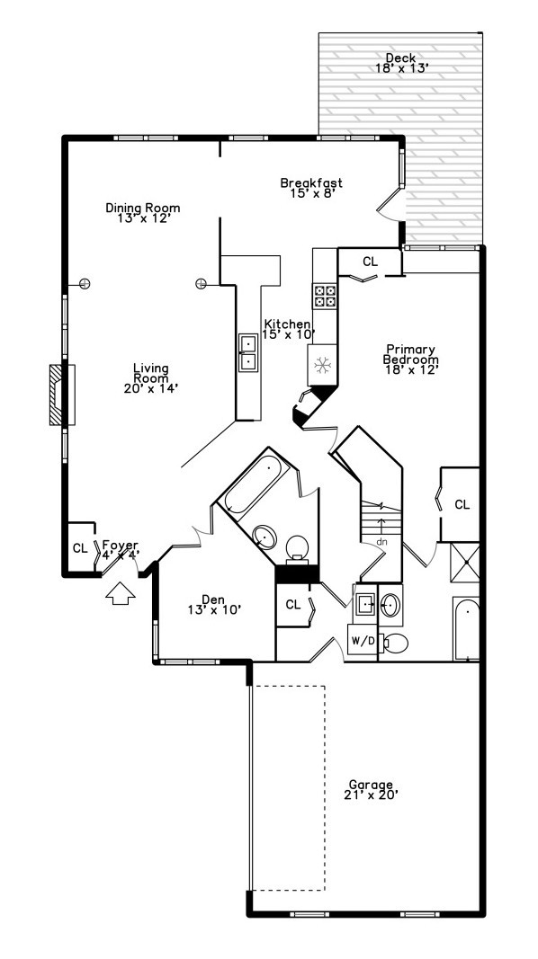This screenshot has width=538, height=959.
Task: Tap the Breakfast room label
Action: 310,188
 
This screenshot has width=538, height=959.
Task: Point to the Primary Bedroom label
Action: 410,360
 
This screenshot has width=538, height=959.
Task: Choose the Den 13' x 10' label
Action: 212,604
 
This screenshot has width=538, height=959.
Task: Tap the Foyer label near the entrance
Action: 120,550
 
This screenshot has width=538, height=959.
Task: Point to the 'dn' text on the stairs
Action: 381,541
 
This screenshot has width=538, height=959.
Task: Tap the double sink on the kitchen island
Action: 247,352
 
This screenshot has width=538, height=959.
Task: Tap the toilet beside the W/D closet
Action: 393,643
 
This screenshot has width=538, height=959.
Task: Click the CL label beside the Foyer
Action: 79,548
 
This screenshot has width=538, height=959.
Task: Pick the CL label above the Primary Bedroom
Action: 370,262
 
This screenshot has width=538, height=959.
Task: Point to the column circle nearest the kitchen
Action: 200,283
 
